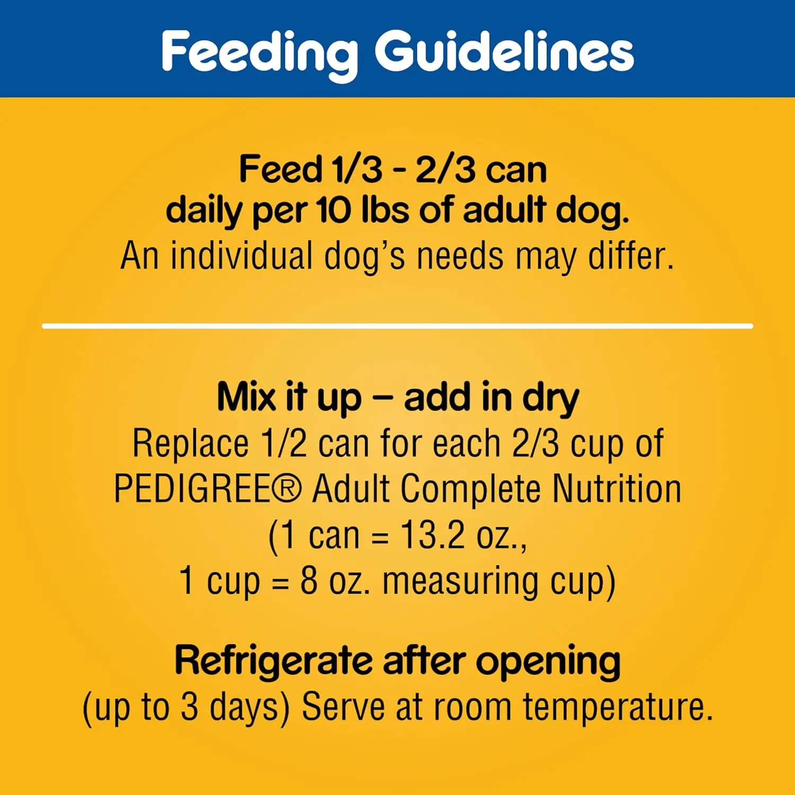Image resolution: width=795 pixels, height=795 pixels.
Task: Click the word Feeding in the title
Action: point(260,53)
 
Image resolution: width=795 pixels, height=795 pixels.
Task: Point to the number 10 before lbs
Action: point(334,210)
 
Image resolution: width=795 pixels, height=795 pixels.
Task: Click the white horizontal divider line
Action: point(397,326)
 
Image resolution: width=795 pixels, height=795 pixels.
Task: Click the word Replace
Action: point(190,444)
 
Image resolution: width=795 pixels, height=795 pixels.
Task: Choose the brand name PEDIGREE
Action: point(192,489)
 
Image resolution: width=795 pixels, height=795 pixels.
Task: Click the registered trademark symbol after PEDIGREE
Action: point(286,489)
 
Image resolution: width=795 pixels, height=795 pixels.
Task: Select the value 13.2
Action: point(432,535)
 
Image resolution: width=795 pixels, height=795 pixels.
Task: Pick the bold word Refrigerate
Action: point(273,661)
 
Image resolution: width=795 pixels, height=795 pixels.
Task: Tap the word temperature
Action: point(617,708)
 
